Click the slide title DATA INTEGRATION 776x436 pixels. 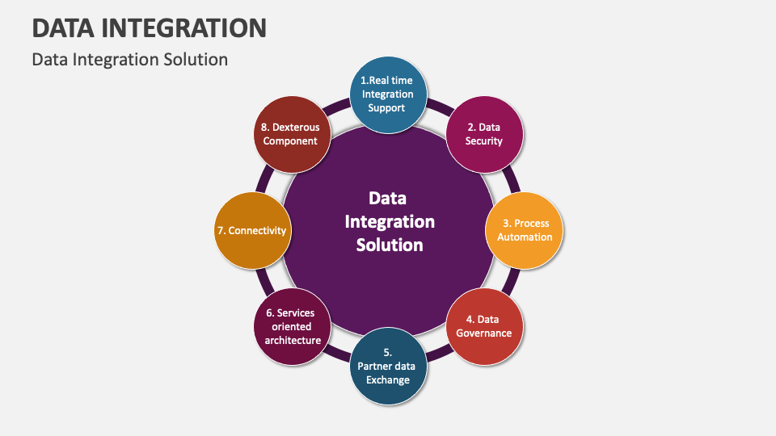150,27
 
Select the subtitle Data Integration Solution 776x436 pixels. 129,59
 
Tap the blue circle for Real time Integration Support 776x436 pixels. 388,95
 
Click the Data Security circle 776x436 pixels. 484,135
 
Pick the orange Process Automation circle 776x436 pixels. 525,230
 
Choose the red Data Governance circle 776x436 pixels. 484,327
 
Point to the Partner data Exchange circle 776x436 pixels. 388,367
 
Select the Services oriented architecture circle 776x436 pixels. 292,327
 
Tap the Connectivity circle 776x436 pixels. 252,230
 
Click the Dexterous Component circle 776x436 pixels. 292,135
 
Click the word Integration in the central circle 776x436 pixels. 390,222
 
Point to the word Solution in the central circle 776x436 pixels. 390,245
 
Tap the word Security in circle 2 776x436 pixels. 483,141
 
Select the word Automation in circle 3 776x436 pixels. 525,237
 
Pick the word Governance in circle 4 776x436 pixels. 483,333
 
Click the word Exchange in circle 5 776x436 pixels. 387,380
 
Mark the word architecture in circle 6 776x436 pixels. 293,340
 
